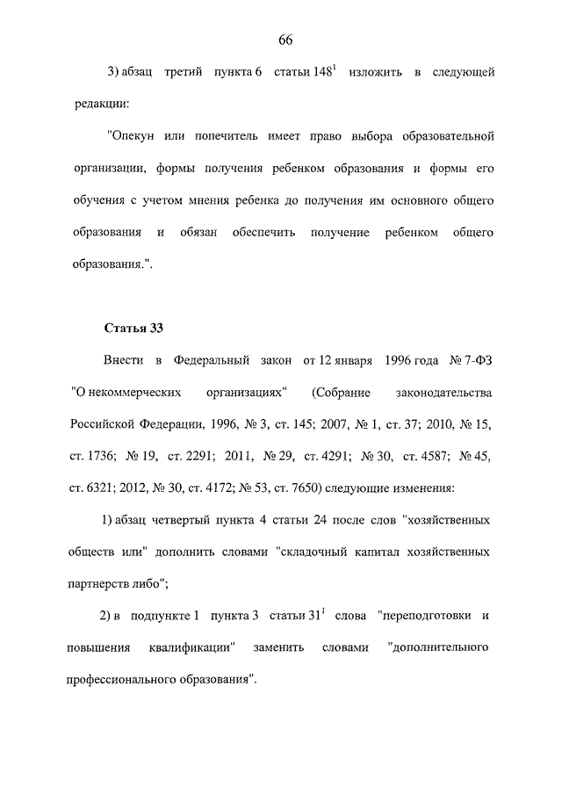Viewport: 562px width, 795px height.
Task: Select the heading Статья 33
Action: pos(133,329)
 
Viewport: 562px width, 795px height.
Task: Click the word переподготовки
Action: pos(417,615)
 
